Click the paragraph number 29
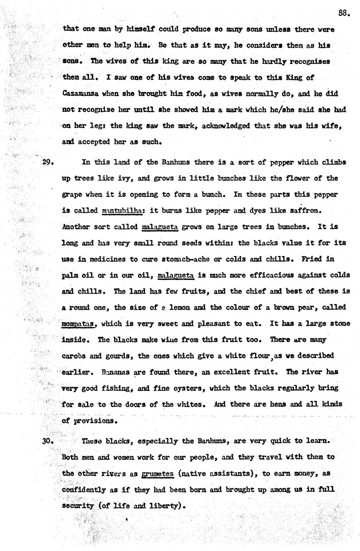(x=48, y=163)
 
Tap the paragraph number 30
(x=48, y=442)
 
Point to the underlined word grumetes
(x=158, y=474)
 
